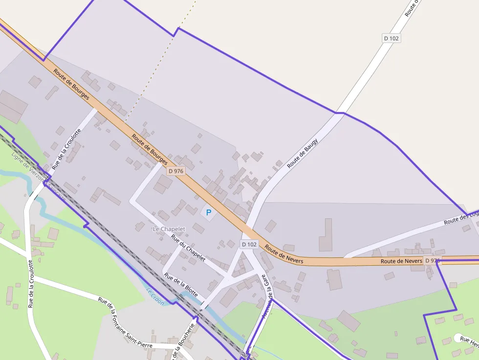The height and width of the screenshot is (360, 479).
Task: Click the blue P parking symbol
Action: [x=209, y=212]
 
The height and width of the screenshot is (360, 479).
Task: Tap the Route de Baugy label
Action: [x=303, y=153]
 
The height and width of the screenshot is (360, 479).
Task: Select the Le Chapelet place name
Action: [x=169, y=229]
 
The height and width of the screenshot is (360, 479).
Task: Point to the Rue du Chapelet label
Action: [x=188, y=248]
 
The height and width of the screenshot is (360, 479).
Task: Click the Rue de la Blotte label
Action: [x=181, y=285]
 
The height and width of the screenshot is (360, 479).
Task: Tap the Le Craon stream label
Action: [x=155, y=296]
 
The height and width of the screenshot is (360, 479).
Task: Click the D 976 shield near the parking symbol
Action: [x=175, y=171]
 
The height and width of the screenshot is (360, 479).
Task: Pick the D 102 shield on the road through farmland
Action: [x=391, y=38]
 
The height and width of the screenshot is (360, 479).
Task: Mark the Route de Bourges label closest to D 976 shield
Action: [x=150, y=149]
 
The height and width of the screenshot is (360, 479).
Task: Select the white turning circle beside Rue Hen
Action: [x=458, y=338]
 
